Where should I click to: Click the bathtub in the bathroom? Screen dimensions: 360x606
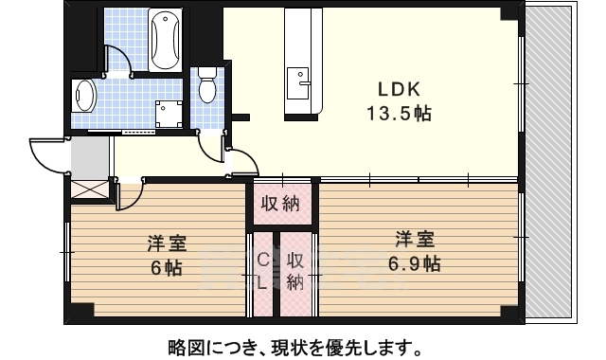(165, 40)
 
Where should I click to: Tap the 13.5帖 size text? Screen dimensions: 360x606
(399, 114)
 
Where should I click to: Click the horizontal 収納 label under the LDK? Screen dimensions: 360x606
(281, 202)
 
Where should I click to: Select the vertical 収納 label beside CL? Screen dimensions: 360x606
(295, 270)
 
